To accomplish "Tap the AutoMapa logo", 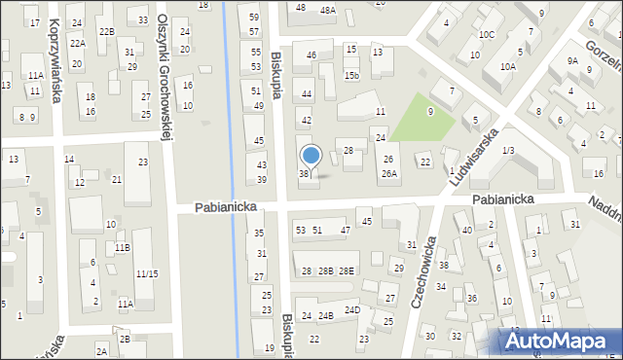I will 560,342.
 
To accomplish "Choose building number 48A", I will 327,9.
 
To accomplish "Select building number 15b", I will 351,75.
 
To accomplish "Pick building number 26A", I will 388,174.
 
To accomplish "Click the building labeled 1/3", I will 508,151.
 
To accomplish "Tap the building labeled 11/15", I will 147,274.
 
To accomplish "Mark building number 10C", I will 486,34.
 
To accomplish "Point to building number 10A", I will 507,66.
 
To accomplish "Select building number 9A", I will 572,60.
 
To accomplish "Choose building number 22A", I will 77,43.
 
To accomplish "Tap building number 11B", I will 122,248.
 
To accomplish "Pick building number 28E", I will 347,271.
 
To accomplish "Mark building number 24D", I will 352,310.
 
